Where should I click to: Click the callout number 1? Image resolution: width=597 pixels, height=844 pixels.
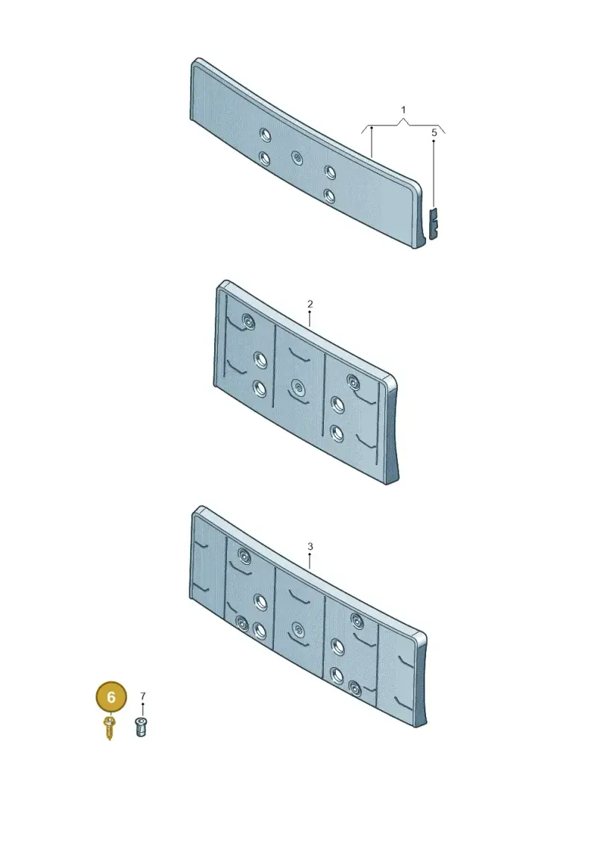[x=403, y=110]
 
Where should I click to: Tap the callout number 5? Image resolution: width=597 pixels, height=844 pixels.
[x=434, y=132]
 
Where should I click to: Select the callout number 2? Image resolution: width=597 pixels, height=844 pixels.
[x=310, y=304]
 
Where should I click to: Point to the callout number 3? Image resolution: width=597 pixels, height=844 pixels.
[x=310, y=546]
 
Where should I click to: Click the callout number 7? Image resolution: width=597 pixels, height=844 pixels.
[x=143, y=696]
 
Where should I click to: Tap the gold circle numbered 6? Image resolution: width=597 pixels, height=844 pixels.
[x=111, y=697]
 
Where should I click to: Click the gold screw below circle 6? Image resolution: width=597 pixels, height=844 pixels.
[x=109, y=728]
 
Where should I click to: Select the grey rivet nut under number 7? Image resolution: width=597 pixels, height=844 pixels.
[x=140, y=727]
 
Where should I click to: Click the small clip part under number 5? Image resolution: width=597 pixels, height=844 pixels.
[x=434, y=223]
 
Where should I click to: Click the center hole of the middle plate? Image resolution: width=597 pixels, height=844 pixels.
[x=297, y=387]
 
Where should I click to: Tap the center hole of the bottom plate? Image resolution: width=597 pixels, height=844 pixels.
[x=297, y=628]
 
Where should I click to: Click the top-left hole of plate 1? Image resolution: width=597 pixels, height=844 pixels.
[x=264, y=134]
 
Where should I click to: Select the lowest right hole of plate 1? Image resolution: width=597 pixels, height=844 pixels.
[x=330, y=196]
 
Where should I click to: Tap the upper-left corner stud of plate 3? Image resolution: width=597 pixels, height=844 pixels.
[x=244, y=556]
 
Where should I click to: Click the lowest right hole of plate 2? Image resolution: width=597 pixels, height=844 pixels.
[x=337, y=433]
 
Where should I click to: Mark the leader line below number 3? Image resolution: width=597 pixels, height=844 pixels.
[x=310, y=561]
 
